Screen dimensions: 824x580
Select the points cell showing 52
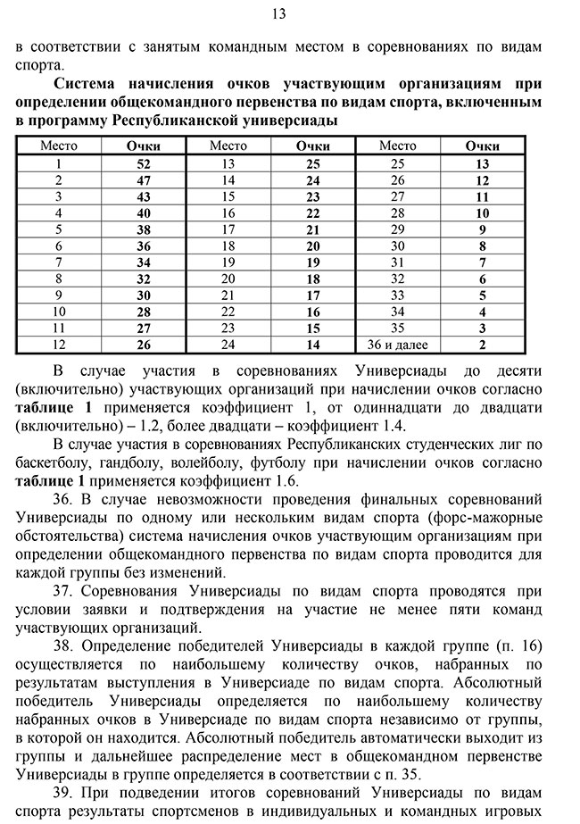pyautogui.click(x=144, y=163)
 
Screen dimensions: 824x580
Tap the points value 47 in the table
pyautogui.click(x=144, y=180)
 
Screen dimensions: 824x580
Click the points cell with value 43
pyautogui.click(x=144, y=196)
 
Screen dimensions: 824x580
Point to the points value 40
pyautogui.click(x=144, y=213)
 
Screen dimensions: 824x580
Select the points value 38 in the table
pyautogui.click(x=144, y=229)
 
